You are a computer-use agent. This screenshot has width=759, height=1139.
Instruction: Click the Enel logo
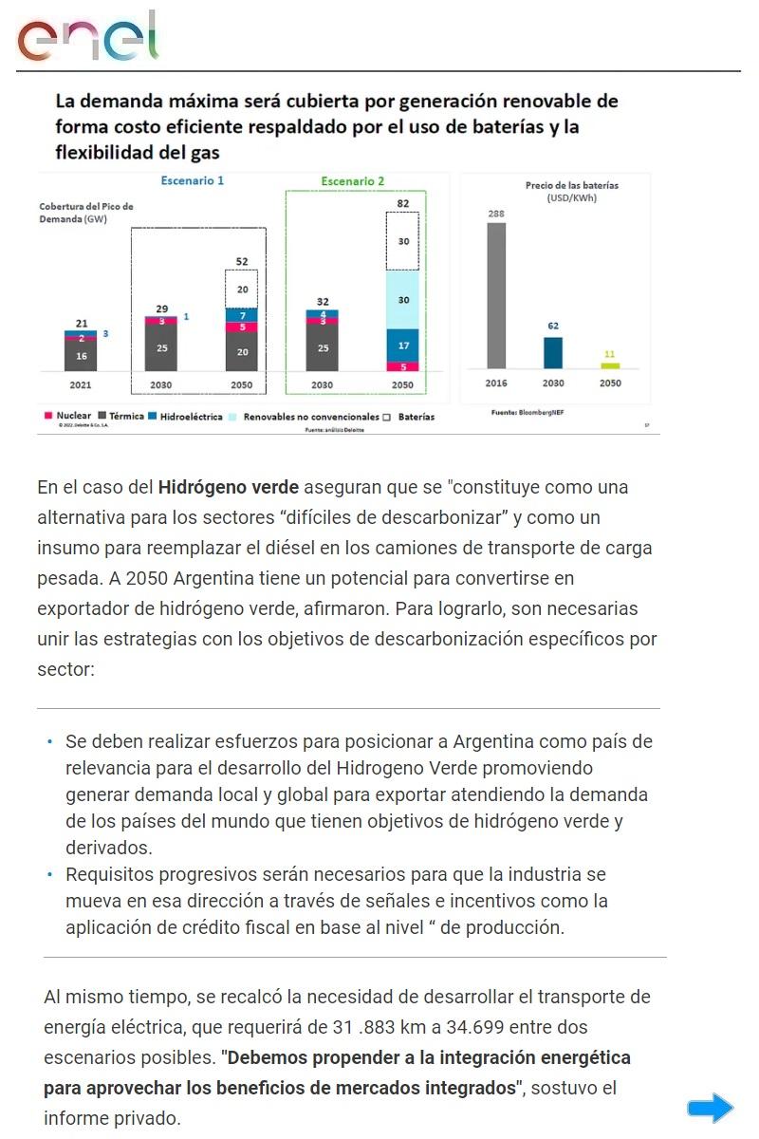point(87,38)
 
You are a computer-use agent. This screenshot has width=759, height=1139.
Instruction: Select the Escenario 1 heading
point(193,180)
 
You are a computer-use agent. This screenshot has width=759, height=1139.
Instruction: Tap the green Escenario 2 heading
point(353,181)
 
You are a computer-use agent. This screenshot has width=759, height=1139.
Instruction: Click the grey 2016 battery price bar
point(496,295)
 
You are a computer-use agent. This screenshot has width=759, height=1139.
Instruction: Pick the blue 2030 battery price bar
point(553,352)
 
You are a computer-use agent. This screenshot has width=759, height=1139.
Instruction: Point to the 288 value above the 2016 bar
point(496,215)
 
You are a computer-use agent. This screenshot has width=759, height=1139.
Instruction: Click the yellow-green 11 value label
point(610,354)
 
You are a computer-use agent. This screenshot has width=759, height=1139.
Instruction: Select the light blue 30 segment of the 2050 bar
point(403,300)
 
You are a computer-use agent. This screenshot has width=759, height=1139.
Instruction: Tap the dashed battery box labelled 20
point(242,289)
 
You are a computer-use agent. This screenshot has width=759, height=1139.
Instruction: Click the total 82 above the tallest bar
point(403,203)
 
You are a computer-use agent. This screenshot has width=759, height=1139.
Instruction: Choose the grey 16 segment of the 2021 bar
point(81,356)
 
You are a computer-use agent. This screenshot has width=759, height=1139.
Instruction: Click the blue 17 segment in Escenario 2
point(403,345)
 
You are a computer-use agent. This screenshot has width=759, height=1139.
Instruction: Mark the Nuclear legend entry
point(67,417)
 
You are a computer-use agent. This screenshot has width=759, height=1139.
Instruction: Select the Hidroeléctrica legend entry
point(186,417)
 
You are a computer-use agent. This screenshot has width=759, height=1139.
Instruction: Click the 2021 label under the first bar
point(81,385)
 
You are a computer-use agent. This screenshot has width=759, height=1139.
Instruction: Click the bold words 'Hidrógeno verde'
point(229,487)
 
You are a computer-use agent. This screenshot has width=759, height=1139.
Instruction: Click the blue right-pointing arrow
point(711,1108)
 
